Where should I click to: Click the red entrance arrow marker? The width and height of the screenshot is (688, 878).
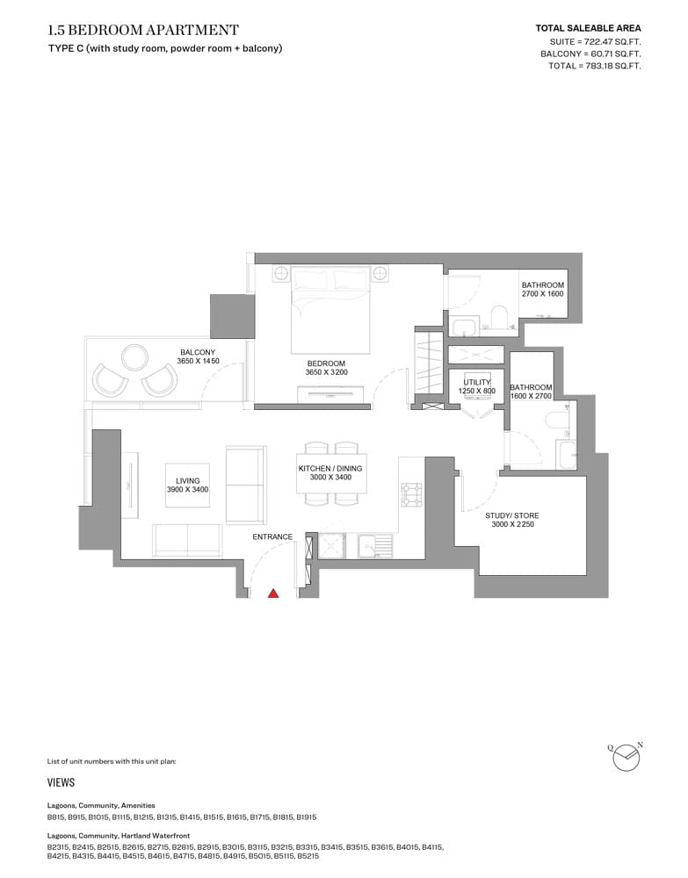pyautogui.click(x=273, y=593)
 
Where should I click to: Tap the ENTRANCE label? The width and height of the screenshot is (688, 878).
pyautogui.click(x=272, y=536)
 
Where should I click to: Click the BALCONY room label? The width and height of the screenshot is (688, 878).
pyautogui.click(x=198, y=356)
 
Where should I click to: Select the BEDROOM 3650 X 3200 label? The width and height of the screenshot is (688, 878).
pyautogui.click(x=326, y=367)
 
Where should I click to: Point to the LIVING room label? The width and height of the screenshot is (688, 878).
pyautogui.click(x=188, y=485)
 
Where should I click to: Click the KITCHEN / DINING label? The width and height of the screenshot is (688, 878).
pyautogui.click(x=330, y=472)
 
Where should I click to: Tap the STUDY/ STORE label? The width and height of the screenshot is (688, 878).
pyautogui.click(x=512, y=520)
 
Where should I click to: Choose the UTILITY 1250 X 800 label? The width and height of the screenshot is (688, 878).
pyautogui.click(x=477, y=386)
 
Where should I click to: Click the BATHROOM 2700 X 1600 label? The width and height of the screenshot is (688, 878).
pyautogui.click(x=542, y=289)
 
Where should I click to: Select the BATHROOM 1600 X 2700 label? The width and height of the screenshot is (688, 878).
pyautogui.click(x=531, y=392)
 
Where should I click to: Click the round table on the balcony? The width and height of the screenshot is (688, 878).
pyautogui.click(x=135, y=357)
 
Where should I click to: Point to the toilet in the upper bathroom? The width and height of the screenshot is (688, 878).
pyautogui.click(x=497, y=316)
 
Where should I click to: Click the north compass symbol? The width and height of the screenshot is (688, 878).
pyautogui.click(x=626, y=757)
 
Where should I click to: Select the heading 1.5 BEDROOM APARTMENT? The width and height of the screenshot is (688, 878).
pyautogui.click(x=143, y=30)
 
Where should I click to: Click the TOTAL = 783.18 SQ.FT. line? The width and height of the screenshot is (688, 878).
pyautogui.click(x=595, y=66)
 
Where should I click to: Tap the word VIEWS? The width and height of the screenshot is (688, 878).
pyautogui.click(x=62, y=782)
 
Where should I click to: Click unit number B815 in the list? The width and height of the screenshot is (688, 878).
pyautogui.click(x=56, y=817)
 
